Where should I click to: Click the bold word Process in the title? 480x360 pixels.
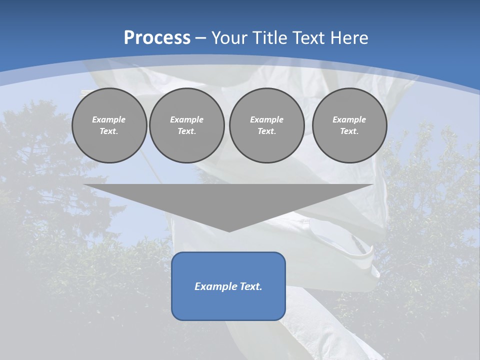click(157, 38)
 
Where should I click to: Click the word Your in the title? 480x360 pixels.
click(230, 38)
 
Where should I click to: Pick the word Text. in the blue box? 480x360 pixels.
click(250, 286)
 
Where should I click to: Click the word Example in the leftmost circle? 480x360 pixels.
click(109, 119)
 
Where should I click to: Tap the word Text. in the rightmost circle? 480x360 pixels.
click(349, 131)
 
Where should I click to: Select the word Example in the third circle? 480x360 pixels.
click(266, 119)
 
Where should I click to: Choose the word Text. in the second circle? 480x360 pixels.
click(186, 131)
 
